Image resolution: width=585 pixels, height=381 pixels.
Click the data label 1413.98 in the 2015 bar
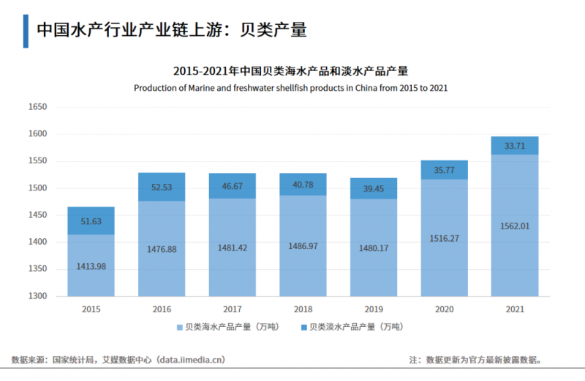click(x=91, y=267)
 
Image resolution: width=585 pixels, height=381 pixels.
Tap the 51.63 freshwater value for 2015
click(x=91, y=221)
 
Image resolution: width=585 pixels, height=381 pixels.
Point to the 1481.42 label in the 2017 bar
click(x=232, y=248)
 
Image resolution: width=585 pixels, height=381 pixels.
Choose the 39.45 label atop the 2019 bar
click(x=373, y=189)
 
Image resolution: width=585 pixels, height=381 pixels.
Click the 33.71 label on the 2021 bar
click(x=515, y=146)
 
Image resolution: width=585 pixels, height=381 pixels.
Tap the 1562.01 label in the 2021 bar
click(x=515, y=226)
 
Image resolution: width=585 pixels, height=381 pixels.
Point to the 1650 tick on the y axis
click(x=37, y=107)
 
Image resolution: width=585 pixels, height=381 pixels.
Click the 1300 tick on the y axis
click(x=37, y=297)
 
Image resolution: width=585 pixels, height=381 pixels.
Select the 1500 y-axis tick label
click(x=37, y=188)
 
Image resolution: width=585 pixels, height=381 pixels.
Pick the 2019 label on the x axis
click(x=373, y=310)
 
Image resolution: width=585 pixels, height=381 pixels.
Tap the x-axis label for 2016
click(x=162, y=310)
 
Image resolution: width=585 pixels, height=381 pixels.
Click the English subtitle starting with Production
click(x=290, y=87)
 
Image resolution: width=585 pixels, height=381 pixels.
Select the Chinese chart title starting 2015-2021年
click(x=290, y=71)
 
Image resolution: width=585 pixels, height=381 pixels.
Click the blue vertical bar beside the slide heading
click(x=26, y=30)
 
